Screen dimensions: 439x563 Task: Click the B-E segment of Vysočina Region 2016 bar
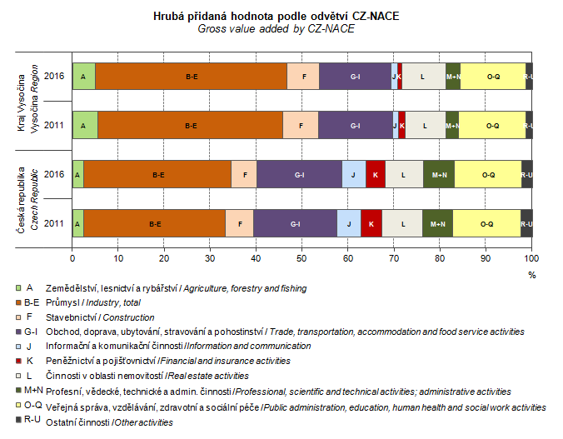(x=192, y=77)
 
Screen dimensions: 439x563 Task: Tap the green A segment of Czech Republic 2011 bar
(x=77, y=223)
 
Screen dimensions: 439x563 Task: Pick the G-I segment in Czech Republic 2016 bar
(x=299, y=175)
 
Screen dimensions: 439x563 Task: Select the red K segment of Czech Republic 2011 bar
(x=371, y=223)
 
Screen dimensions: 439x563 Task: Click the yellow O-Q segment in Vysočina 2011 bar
(x=491, y=126)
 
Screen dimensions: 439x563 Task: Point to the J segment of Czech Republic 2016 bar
(x=353, y=175)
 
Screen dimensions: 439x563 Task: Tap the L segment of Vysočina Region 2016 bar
(x=423, y=77)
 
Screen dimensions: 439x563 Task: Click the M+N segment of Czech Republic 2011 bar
(x=437, y=223)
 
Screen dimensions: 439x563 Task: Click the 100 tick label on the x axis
(x=531, y=258)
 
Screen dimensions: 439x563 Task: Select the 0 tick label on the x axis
(x=72, y=258)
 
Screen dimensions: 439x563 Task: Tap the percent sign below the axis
(x=531, y=274)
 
